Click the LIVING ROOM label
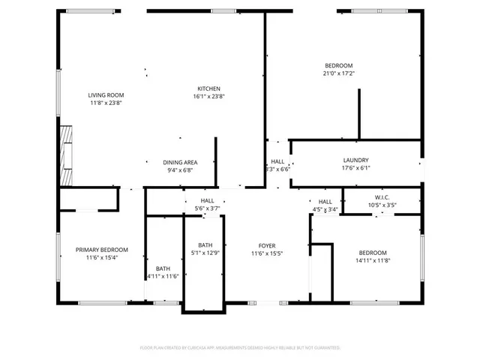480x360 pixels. (106, 95)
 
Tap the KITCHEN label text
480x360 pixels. (208, 88)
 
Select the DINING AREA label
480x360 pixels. (180, 162)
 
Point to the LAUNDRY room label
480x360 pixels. (355, 160)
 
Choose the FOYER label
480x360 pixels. (267, 245)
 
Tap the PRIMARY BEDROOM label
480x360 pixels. (101, 250)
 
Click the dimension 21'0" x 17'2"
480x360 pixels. (338, 73)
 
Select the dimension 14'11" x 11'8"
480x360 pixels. (372, 260)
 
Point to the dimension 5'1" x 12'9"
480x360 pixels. (205, 253)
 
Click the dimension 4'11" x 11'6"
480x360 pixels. (163, 277)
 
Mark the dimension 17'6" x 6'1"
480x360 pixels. (355, 168)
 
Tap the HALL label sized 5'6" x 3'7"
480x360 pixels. (207, 200)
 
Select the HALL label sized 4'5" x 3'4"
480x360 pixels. (325, 202)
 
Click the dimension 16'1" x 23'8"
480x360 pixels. (208, 96)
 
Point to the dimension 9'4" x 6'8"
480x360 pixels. (180, 169)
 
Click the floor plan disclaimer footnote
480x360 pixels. (240, 348)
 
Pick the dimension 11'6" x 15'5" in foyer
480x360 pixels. (267, 253)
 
